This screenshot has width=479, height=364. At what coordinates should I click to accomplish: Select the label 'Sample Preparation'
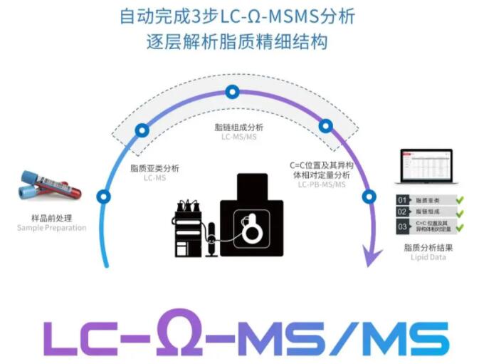51,228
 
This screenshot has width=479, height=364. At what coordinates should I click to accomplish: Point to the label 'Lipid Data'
424,257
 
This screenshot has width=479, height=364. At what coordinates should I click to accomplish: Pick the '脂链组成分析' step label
238,127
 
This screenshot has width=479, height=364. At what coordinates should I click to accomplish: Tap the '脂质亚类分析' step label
154,168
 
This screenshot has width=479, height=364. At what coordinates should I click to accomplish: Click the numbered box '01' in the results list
403,200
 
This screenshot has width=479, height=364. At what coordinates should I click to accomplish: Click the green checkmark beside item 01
460,200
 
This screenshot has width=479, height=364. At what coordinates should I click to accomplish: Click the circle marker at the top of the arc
231,92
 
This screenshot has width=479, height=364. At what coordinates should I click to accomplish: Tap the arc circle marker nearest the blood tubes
105,197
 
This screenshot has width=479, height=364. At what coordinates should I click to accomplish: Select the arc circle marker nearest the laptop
369,197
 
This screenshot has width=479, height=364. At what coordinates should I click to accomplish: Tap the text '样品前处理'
51,218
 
